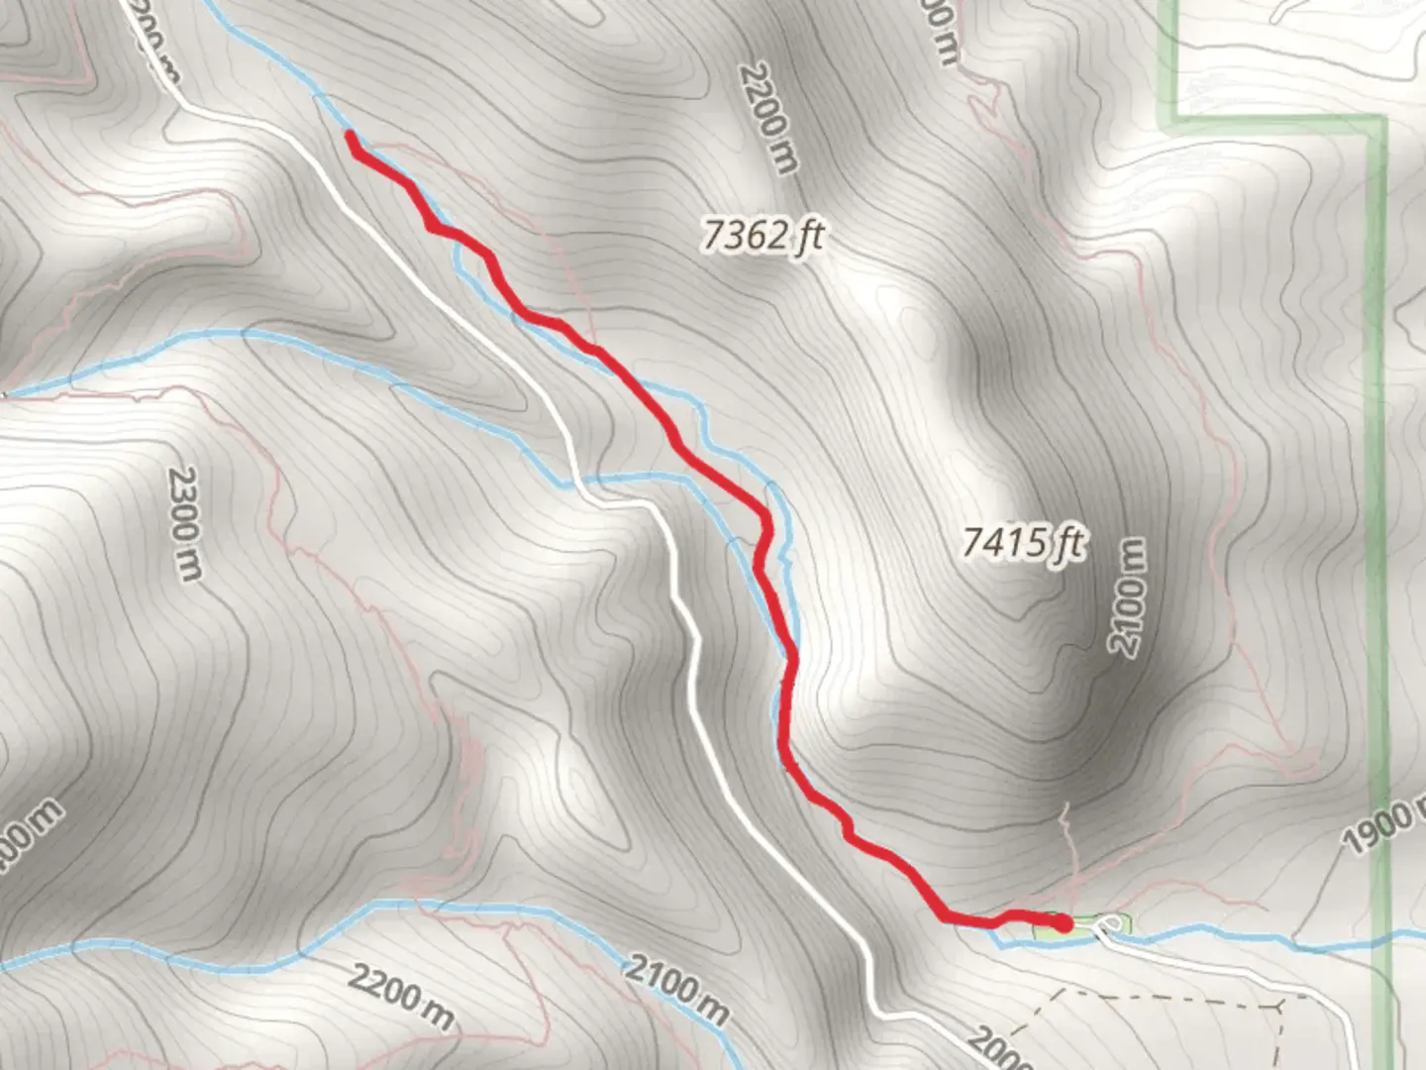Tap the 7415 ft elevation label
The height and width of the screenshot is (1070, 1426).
coord(1023,543)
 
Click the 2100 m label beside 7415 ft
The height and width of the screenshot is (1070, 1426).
coord(1127,595)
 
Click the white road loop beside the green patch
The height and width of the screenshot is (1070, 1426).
coord(1110,926)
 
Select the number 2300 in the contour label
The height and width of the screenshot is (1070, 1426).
coord(183,505)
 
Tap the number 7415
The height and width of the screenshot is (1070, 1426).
coord(1005,543)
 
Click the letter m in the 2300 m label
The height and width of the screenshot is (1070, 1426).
coord(190,567)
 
